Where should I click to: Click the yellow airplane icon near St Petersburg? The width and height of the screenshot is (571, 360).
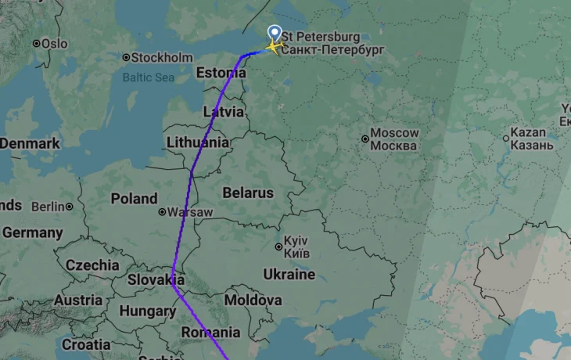click(273, 47)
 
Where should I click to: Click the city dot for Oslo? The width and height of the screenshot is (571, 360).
click(36, 43)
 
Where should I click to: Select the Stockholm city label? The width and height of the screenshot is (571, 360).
click(162, 57)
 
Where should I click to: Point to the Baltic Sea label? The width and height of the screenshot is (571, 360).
click(149, 77)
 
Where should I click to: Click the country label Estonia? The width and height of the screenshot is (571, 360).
click(216, 73)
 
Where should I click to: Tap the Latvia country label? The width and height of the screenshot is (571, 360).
click(224, 111)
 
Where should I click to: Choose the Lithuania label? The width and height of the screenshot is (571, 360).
click(198, 142)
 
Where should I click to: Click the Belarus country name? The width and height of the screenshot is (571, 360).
click(248, 193)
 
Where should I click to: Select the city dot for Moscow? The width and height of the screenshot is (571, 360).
click(365, 139)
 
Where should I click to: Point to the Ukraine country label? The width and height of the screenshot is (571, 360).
click(289, 275)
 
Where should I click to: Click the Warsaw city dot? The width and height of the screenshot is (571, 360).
click(162, 212)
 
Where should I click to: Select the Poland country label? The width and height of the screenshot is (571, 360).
click(134, 199)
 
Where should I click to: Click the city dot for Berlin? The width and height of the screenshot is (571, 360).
click(70, 207)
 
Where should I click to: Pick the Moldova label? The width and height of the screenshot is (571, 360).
click(253, 300)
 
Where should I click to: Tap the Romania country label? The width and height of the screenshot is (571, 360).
click(210, 333)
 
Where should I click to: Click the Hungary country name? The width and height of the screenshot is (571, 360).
click(147, 311)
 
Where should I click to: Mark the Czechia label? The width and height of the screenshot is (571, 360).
click(92, 265)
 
